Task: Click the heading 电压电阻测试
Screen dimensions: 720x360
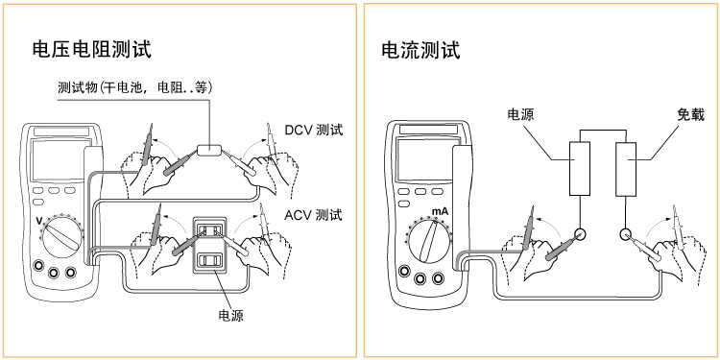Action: [x=91, y=49]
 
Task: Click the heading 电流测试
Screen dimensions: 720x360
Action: [x=420, y=50]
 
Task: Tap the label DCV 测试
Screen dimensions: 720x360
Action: [x=313, y=130]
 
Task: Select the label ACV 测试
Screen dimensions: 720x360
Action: [x=313, y=214]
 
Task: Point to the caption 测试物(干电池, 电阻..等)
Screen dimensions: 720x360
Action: [x=135, y=87]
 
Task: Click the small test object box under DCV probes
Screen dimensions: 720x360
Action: [x=209, y=150]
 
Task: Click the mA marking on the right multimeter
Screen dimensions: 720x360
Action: [x=440, y=212]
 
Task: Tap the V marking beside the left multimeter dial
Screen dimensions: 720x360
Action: [x=39, y=222]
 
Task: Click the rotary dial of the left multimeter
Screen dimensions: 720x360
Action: [x=63, y=236]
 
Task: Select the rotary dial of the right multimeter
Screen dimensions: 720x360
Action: [x=429, y=241]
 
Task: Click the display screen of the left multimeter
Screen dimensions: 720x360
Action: [x=58, y=160]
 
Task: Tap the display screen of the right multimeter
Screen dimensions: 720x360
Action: [x=424, y=160]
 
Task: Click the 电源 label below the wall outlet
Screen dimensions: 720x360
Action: [x=230, y=316]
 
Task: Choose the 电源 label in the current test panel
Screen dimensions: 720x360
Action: [x=520, y=114]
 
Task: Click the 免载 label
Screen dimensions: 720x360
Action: [x=690, y=114]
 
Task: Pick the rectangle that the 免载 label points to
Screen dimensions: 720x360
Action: [x=626, y=169]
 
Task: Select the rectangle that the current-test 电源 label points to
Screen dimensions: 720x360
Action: [x=580, y=169]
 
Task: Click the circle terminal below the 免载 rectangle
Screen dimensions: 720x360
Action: [x=625, y=234]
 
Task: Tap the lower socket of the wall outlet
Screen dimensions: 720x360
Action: [x=209, y=261]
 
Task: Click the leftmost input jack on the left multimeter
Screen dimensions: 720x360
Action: [x=37, y=266]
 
